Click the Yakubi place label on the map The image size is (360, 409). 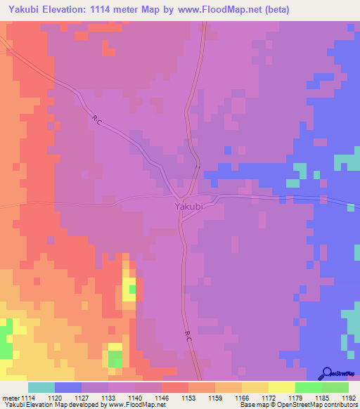coord(188,207)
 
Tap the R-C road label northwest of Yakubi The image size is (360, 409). coord(97,121)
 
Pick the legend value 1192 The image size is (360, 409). coord(348,397)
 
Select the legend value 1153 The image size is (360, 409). coord(188,397)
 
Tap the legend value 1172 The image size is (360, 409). coord(268,397)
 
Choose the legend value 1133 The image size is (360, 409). coord(108,397)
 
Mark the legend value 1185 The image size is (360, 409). coord(321,397)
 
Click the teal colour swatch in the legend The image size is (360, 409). coord(41,387)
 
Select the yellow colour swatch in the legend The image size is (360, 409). coord(281,387)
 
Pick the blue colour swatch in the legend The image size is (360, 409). coord(68,387)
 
